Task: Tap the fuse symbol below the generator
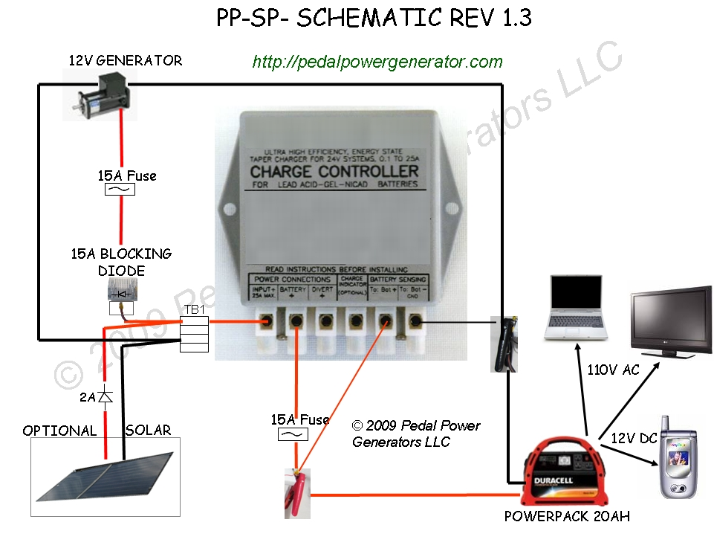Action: point(121,190)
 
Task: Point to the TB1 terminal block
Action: point(194,332)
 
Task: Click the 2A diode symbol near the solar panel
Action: point(106,398)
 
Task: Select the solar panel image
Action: point(105,476)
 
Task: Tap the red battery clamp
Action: point(296,492)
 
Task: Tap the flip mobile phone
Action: point(681,457)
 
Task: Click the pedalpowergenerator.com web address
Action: point(377,62)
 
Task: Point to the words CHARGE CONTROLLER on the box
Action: point(334,171)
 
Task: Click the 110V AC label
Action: point(613,370)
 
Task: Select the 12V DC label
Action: point(633,438)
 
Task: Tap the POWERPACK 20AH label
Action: point(567,515)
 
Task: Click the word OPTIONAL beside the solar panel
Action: point(59,431)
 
